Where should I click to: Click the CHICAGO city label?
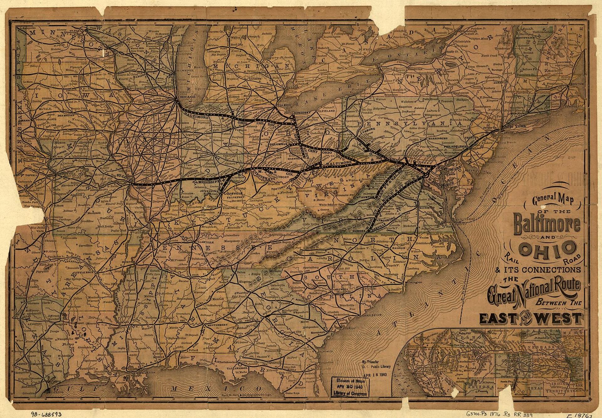coord(186,97)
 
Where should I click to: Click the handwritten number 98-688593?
coord(46,414)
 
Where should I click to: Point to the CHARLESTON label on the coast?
coord(372,315)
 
